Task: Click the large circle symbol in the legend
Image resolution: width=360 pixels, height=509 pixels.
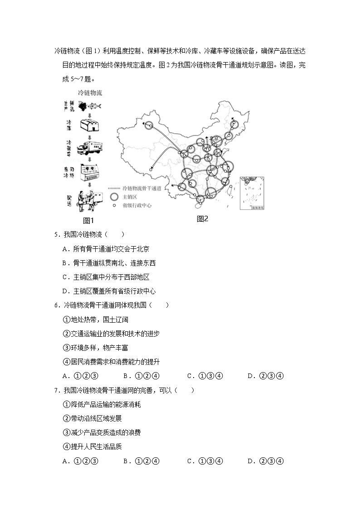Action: [115, 197]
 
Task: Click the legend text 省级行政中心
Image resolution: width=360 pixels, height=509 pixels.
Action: [136, 205]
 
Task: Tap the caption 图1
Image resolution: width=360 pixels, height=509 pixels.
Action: [88, 221]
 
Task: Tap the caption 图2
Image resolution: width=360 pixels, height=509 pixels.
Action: [202, 218]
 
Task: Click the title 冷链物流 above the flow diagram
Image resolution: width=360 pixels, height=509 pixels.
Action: [90, 93]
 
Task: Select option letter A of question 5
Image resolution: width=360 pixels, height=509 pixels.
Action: [65, 249]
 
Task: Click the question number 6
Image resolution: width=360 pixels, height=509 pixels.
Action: [56, 305]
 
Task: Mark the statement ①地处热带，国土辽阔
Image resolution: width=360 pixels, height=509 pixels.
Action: [96, 320]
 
